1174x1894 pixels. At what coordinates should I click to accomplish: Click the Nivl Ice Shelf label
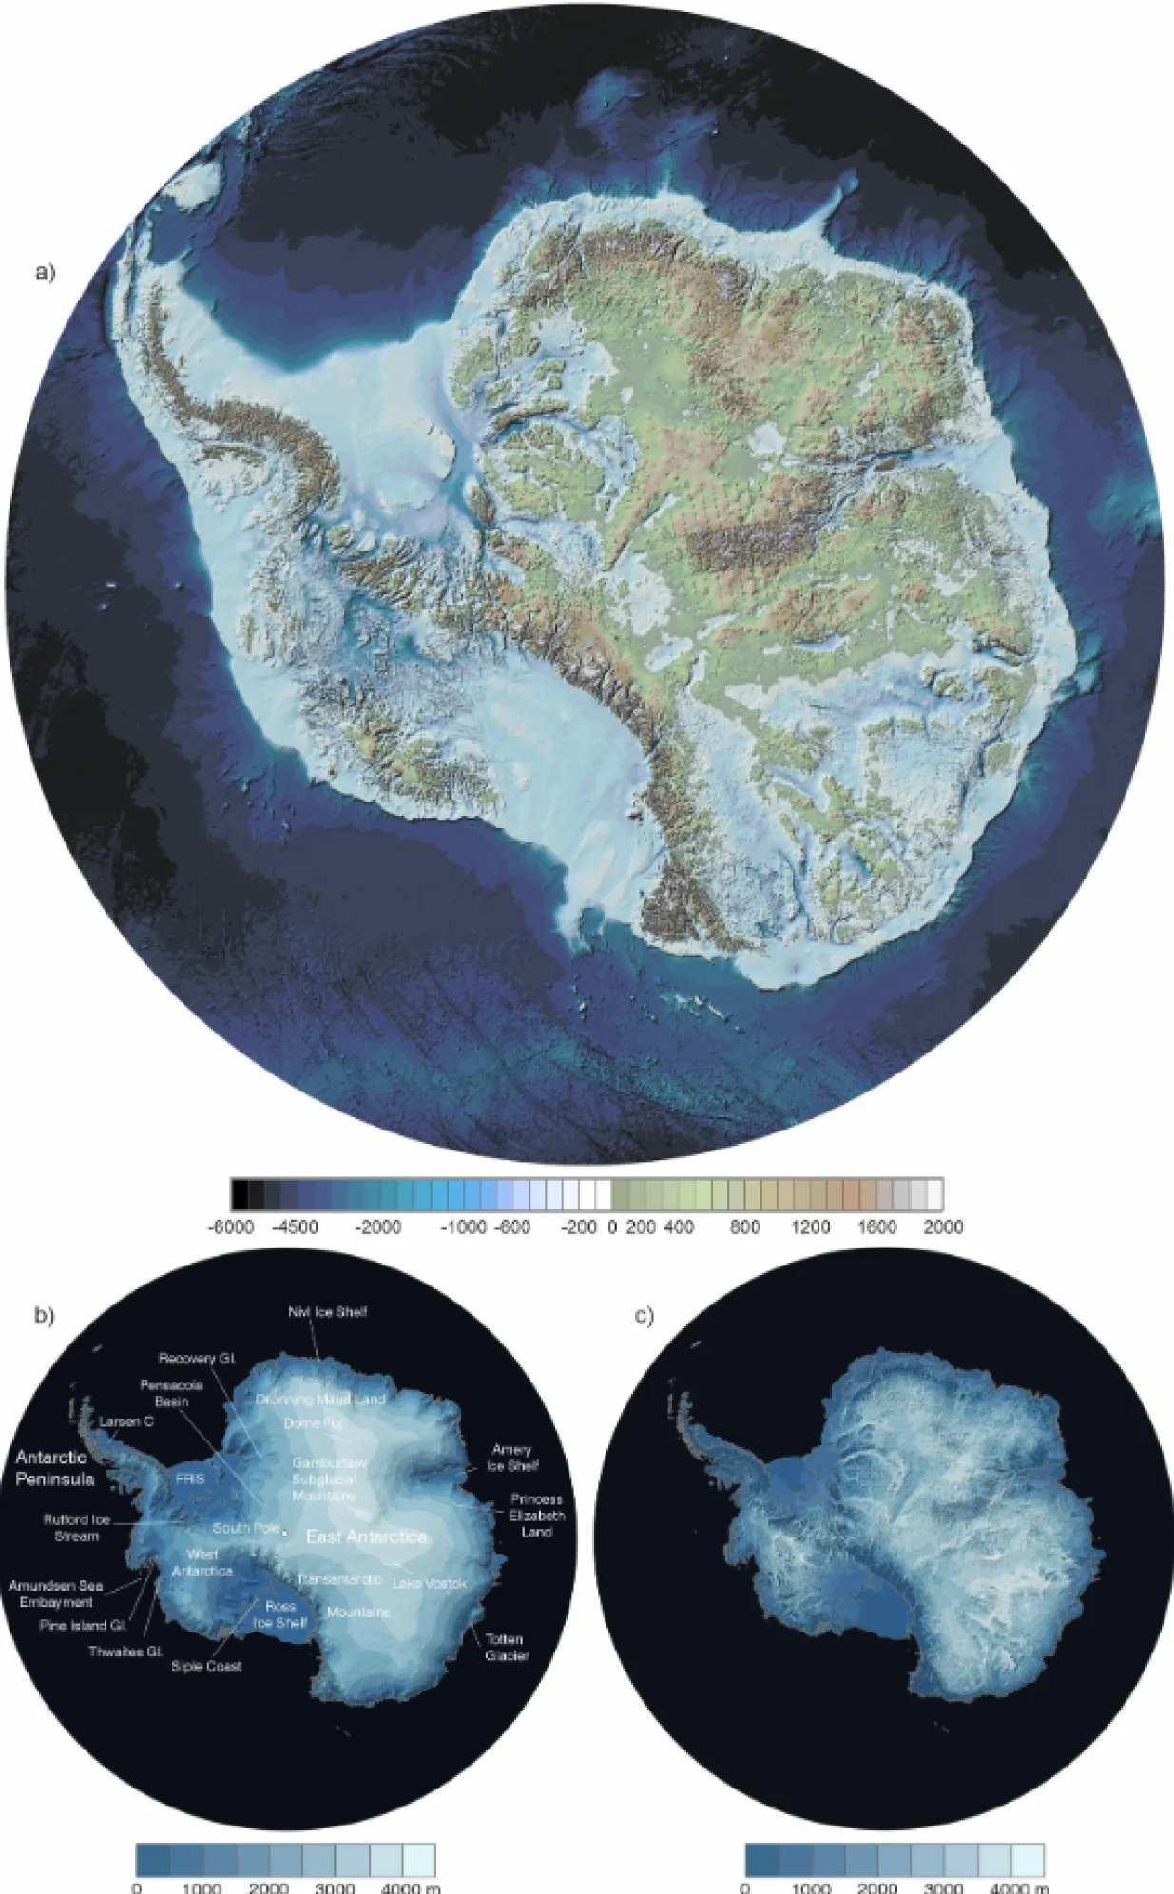[x=327, y=1312]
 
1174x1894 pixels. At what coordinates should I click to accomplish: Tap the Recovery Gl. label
[x=197, y=1359]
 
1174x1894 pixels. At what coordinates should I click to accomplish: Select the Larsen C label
[x=126, y=1421]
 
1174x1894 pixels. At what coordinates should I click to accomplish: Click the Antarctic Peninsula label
[x=54, y=1468]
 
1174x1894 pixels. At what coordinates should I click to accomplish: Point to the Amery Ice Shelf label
[x=511, y=1458]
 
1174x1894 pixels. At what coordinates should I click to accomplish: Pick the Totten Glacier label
[x=506, y=1647]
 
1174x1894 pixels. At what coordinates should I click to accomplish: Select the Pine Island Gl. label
[x=83, y=1625]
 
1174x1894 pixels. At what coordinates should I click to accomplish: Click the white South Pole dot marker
[x=285, y=1532]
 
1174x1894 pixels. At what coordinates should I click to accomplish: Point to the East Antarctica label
[x=366, y=1536]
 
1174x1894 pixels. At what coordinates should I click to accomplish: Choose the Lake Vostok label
[x=430, y=1583]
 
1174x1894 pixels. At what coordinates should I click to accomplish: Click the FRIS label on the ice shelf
[x=190, y=1479]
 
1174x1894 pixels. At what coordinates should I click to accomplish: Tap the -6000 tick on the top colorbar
[x=231, y=1227]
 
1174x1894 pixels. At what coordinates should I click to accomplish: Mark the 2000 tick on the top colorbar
[x=943, y=1227]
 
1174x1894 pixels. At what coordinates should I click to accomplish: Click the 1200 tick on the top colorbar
[x=811, y=1227]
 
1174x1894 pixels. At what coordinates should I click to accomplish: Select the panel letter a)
[x=45, y=273]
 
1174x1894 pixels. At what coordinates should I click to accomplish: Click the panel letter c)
[x=644, y=1316]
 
